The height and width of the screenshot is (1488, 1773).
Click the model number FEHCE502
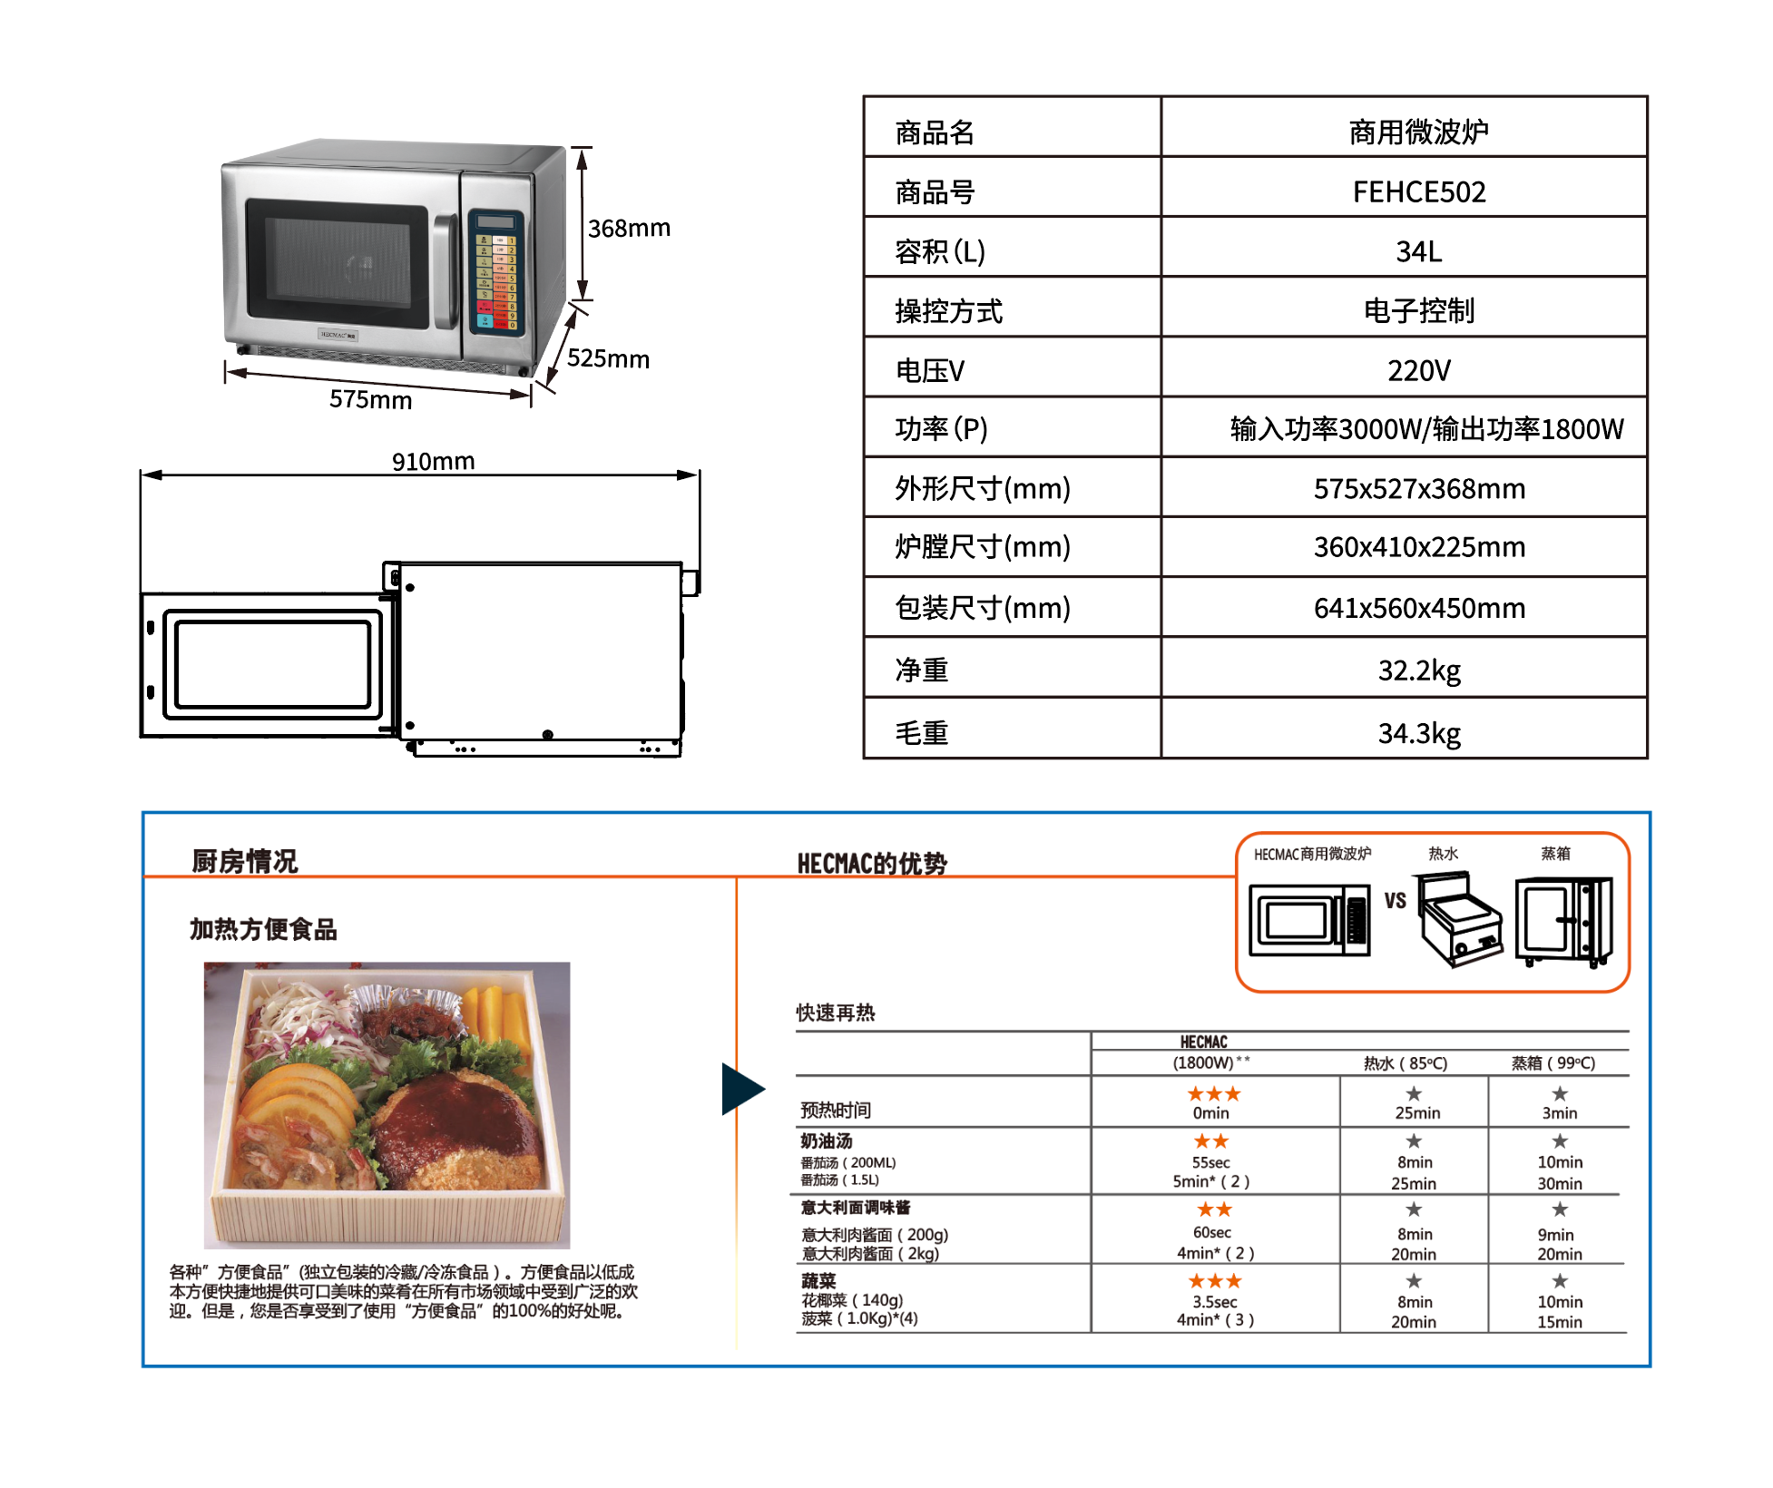[1418, 192]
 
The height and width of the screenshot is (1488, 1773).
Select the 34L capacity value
[1418, 251]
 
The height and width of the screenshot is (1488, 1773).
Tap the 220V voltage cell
[1418, 370]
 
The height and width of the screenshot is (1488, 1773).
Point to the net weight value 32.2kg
[1418, 671]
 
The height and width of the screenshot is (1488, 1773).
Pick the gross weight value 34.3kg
[1418, 733]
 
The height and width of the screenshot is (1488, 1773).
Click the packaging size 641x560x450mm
[1418, 608]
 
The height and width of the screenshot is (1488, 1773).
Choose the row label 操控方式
[948, 311]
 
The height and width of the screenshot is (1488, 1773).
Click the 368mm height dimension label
[629, 229]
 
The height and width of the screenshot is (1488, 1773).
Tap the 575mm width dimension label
[370, 400]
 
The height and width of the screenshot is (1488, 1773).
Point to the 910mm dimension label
[433, 462]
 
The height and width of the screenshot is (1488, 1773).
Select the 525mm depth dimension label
[608, 359]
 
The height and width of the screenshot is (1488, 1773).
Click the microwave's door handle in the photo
[445, 272]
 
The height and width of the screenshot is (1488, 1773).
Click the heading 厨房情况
[244, 861]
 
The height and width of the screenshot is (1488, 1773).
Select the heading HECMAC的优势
[871, 864]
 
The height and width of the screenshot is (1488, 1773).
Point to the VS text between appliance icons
[1395, 901]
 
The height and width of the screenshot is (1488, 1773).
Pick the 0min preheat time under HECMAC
[1210, 1113]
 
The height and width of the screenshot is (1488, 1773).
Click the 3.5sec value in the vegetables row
[1214, 1302]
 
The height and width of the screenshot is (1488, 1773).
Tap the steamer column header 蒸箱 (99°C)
[1553, 1063]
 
